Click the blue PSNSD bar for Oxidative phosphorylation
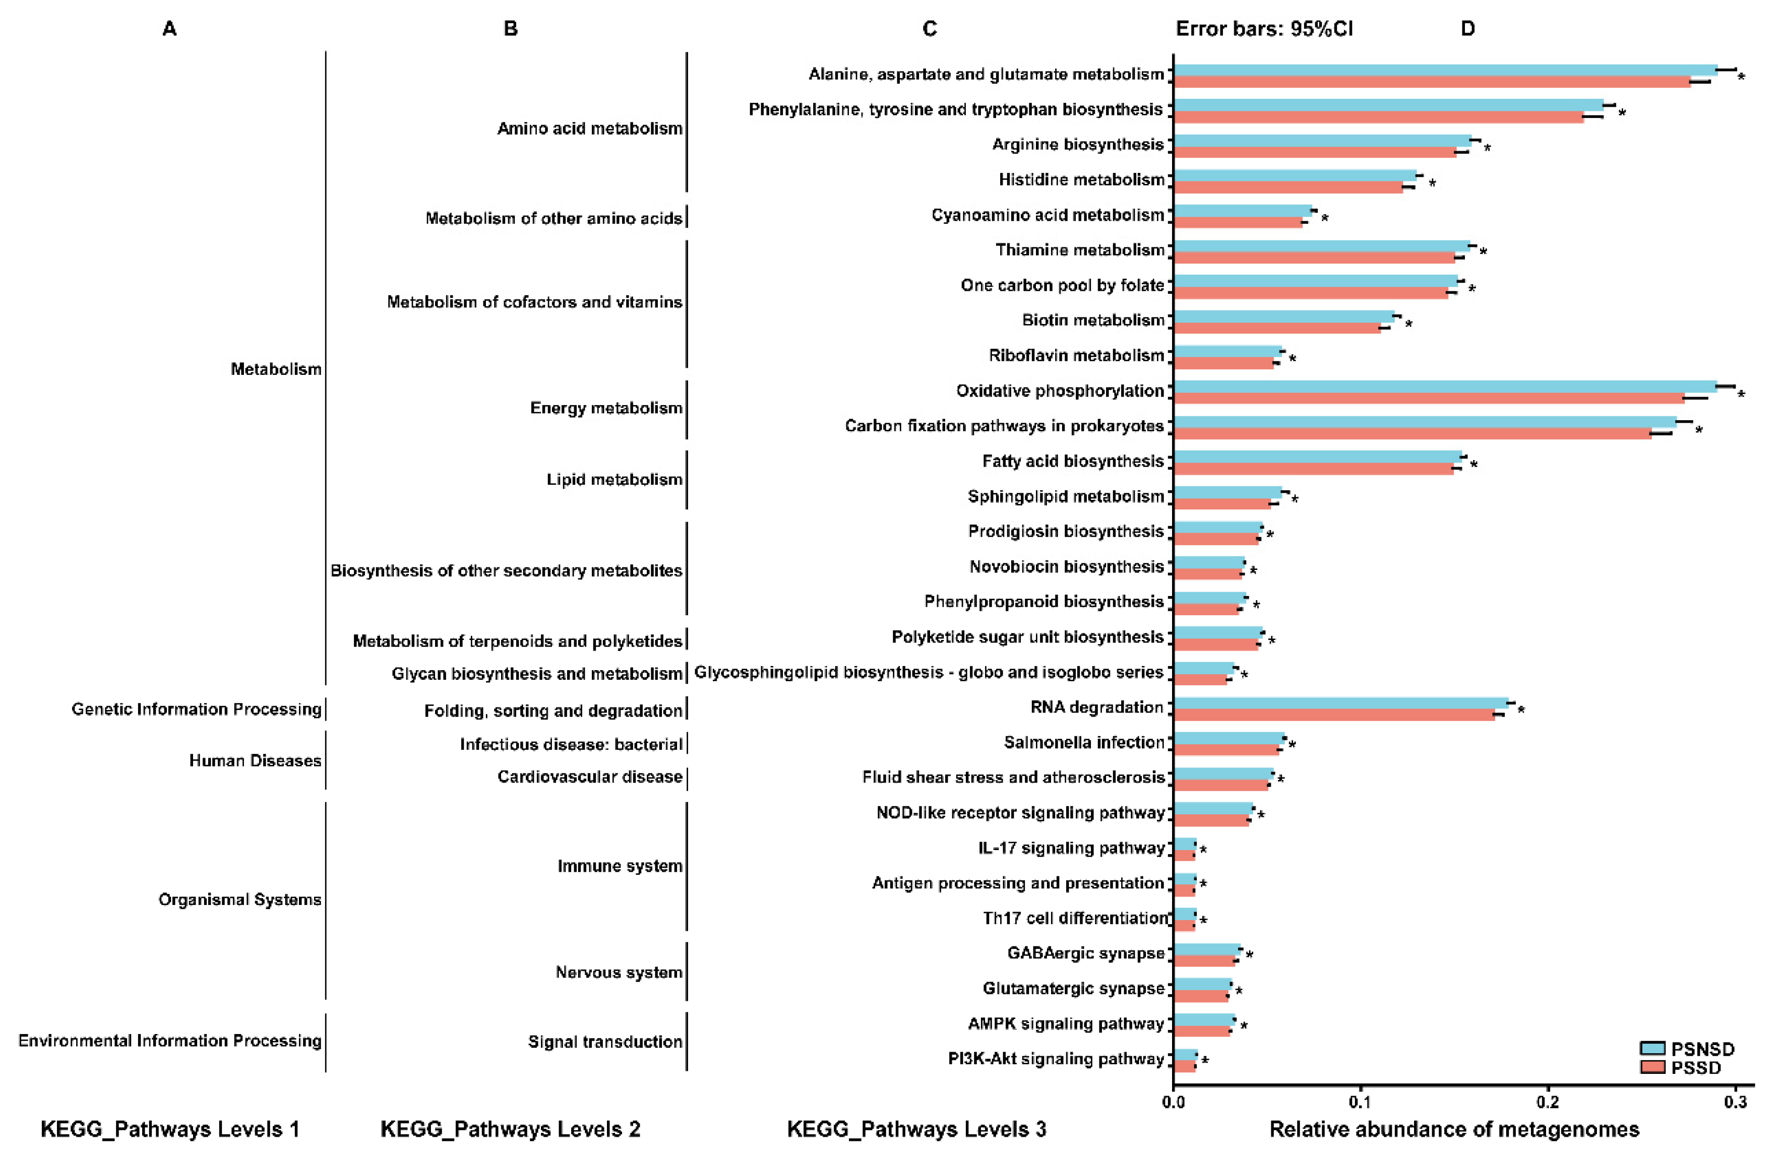point(1445,386)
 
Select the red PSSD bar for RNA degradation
point(1333,715)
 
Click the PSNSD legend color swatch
point(1652,1048)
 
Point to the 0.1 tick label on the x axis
point(1361,1102)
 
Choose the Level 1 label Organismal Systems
point(239,899)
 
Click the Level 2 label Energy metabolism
point(606,408)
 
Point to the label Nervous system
point(619,973)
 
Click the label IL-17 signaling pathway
point(1071,848)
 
